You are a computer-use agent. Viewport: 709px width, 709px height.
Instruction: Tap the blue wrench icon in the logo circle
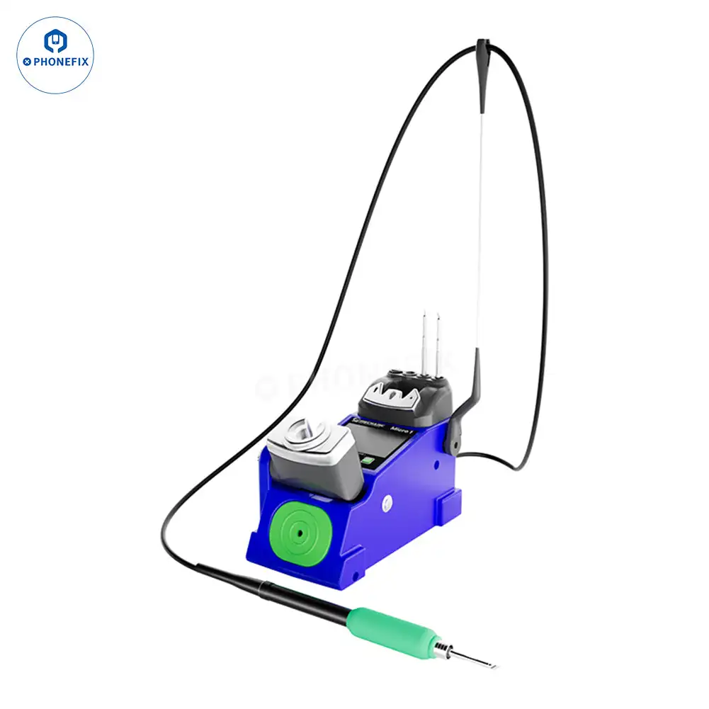click(55, 41)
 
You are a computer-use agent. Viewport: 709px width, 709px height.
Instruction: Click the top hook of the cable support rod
click(482, 51)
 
